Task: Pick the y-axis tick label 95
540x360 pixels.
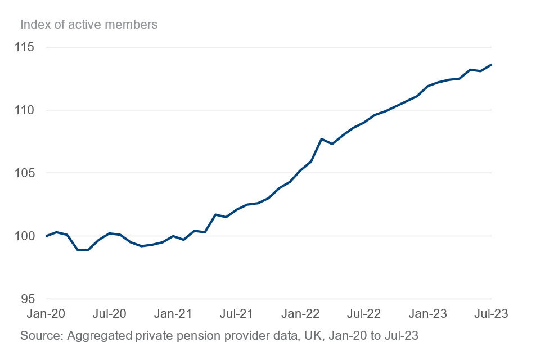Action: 28,299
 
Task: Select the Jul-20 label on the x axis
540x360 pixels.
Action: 110,314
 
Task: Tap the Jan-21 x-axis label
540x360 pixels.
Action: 173,314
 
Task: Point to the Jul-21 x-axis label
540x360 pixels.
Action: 236,314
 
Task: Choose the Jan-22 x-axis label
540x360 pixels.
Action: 300,314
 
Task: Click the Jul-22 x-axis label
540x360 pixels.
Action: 363,314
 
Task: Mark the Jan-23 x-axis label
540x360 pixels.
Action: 426,314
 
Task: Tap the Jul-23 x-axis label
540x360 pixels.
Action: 490,314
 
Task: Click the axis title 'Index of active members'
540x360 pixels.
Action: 89,25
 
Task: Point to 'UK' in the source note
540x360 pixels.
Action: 310,336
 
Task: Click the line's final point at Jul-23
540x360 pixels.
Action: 492,64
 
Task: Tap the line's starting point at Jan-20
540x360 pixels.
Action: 46,236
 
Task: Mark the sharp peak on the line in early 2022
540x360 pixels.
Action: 321,139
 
